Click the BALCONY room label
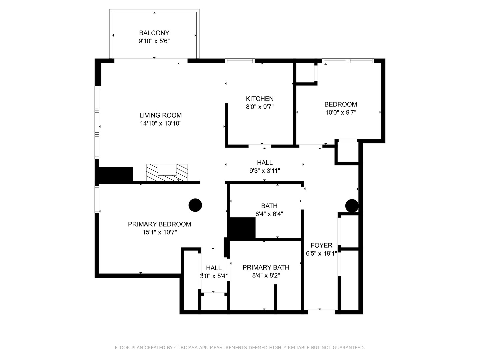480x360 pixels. (x=154, y=33)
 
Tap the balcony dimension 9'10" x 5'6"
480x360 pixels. (x=154, y=41)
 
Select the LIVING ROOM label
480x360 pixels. (x=160, y=115)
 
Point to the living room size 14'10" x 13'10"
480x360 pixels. (x=160, y=123)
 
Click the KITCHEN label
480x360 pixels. (x=260, y=99)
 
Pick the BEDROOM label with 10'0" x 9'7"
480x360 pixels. (x=340, y=104)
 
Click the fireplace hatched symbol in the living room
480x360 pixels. (x=167, y=173)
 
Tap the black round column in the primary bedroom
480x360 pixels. (x=195, y=205)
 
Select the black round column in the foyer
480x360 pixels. (x=352, y=206)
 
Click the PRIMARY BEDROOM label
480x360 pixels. (x=159, y=224)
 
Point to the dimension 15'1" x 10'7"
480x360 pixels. (x=159, y=232)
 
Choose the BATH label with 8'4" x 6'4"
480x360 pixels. (x=269, y=206)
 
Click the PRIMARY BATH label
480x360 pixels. (x=266, y=267)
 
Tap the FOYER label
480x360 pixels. (x=321, y=245)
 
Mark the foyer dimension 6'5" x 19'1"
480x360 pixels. (x=321, y=253)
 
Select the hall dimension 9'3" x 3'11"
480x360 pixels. (x=265, y=171)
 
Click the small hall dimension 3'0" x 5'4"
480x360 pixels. (x=214, y=276)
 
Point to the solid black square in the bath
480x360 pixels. (x=243, y=228)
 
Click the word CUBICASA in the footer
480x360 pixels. (x=185, y=348)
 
